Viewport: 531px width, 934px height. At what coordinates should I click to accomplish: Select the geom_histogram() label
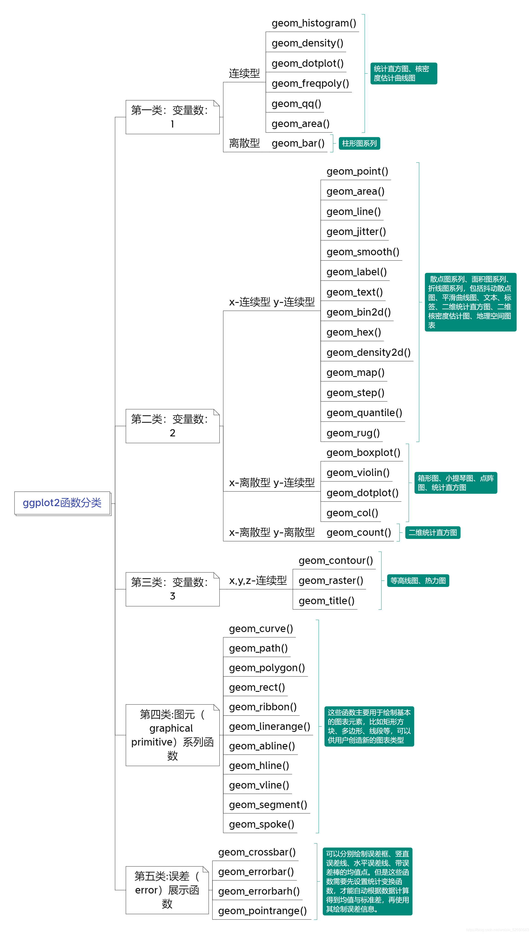[314, 23]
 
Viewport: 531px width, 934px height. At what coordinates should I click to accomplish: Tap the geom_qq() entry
[296, 104]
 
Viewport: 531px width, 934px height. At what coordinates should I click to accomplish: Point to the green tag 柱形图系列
[359, 143]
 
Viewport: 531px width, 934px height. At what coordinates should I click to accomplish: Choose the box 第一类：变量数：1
[172, 117]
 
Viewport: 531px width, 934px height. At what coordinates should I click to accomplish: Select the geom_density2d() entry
[368, 352]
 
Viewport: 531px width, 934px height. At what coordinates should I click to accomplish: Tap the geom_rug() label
[353, 433]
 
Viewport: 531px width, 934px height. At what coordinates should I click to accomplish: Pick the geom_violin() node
[358, 473]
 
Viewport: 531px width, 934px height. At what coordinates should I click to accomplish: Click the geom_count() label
[359, 532]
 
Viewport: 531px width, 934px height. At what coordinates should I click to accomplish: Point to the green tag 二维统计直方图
[432, 532]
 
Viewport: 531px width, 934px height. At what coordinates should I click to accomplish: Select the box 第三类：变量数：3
[172, 589]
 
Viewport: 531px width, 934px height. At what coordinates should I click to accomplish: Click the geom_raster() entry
[331, 581]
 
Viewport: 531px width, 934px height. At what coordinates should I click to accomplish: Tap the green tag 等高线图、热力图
[418, 581]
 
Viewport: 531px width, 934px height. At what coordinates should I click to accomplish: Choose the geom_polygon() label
[267, 668]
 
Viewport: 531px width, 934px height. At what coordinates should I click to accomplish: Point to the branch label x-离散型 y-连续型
[272, 482]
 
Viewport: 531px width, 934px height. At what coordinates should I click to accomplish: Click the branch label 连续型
[244, 73]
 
